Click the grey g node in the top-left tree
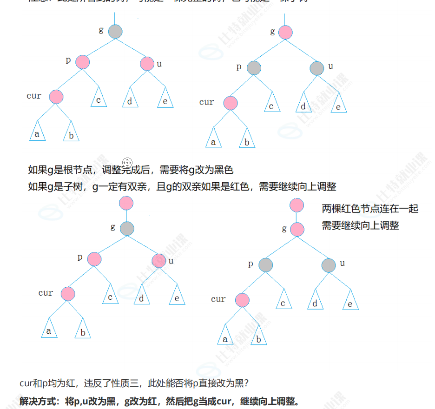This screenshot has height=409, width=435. click(x=115, y=32)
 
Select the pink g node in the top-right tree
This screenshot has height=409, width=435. click(x=285, y=32)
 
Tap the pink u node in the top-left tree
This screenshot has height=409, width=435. click(x=147, y=64)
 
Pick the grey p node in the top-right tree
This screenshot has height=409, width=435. click(x=254, y=68)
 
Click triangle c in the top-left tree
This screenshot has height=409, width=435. click(x=99, y=99)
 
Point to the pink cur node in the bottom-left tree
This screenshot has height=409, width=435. click(x=68, y=294)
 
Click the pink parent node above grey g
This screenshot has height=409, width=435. click(x=126, y=203)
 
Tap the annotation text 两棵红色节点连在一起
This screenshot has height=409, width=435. click(x=370, y=209)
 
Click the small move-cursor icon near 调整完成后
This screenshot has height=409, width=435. click(x=128, y=162)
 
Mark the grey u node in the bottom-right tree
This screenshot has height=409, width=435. click(x=329, y=265)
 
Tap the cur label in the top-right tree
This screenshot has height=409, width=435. click(x=206, y=102)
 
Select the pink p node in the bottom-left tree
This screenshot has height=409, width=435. click(x=94, y=259)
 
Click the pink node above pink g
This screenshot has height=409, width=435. click(x=297, y=205)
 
